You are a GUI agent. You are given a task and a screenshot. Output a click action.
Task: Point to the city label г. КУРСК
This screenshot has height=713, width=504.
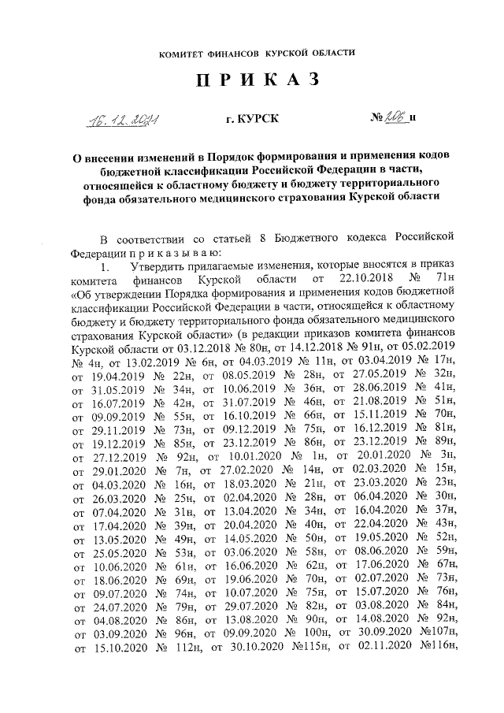[x=252, y=120]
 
